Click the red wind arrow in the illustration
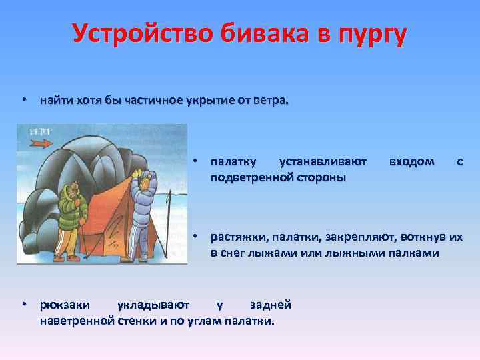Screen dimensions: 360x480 pos(41,143)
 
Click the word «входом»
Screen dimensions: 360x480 pos(411,161)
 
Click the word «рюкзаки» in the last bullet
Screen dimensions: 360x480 pos(63,305)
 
